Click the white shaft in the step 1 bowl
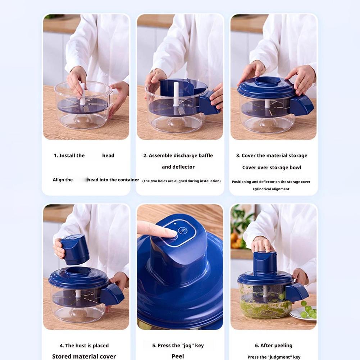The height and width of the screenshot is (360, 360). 82,94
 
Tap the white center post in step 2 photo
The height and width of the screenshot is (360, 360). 176,94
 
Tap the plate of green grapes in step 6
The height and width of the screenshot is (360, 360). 304,313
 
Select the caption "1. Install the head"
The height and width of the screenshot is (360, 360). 84,156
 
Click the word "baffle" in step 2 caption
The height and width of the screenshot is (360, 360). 204,156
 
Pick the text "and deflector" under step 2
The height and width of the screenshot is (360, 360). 178,167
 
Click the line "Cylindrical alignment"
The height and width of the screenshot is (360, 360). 271,189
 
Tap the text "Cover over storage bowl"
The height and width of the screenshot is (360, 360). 272,168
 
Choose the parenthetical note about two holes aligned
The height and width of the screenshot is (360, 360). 181,181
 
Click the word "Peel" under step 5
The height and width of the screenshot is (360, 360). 178,356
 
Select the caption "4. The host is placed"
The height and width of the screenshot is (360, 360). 84,346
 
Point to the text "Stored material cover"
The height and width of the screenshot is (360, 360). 84,356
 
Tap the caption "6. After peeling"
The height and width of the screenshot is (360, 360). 273,346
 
